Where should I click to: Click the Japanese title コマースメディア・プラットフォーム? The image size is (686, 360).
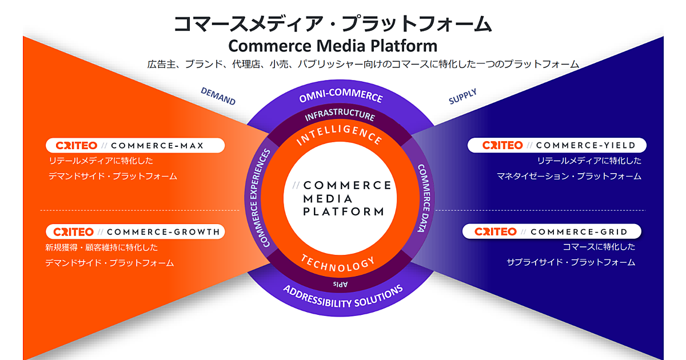(x=332, y=24)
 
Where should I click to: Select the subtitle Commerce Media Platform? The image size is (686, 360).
(x=333, y=46)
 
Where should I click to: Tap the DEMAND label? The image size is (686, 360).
(x=218, y=96)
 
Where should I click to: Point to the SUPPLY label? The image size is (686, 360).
(x=462, y=97)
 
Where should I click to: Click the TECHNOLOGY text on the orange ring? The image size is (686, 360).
(x=338, y=262)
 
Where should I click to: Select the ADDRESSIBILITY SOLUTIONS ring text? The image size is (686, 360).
(x=343, y=297)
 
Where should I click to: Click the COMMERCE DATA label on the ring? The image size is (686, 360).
(x=424, y=198)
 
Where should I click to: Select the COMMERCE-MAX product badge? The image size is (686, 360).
(x=135, y=146)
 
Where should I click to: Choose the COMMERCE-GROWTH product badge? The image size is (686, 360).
(x=135, y=232)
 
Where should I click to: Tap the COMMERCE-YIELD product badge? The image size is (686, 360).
(x=556, y=146)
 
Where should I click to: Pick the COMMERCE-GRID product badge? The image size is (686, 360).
(x=551, y=231)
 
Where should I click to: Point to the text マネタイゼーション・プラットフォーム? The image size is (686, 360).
(x=569, y=176)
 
